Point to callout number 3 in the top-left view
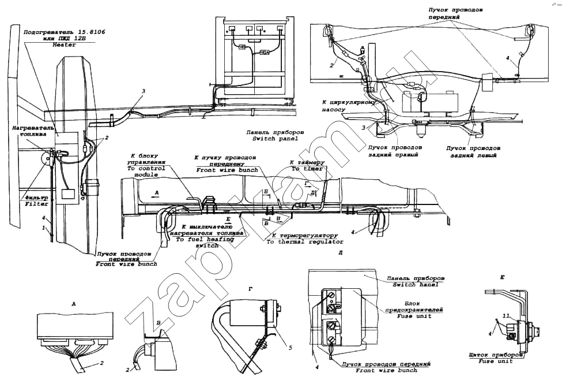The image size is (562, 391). pyautogui.click(x=144, y=91)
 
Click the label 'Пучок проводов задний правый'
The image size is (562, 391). pyautogui.click(x=394, y=152)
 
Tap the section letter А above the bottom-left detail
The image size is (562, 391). pyautogui.click(x=73, y=303)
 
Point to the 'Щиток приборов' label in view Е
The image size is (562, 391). pyautogui.click(x=496, y=356)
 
